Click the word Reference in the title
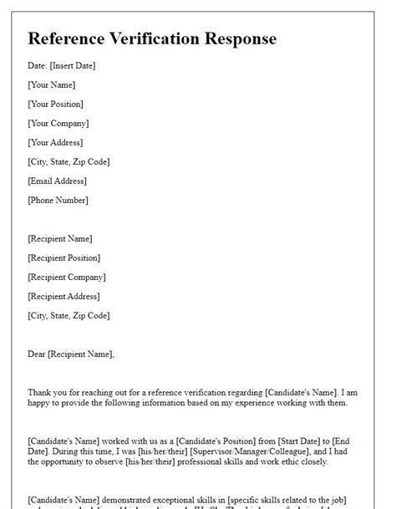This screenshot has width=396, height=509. [x=69, y=38]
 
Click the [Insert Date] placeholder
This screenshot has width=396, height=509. [x=73, y=65]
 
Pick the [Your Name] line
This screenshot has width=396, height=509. [x=51, y=84]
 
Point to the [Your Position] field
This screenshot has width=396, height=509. [x=55, y=104]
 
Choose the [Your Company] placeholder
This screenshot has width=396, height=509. [x=57, y=123]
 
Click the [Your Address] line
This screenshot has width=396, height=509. [x=55, y=142]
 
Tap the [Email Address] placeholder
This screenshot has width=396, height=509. [x=58, y=181]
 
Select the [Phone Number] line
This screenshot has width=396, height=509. [x=58, y=200]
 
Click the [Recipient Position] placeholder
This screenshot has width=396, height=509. [x=63, y=257]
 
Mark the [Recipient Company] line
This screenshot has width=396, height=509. [x=67, y=277]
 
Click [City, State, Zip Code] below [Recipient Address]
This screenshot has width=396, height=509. [x=69, y=315]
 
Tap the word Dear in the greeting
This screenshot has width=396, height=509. [x=37, y=354]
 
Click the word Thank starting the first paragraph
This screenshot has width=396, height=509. [x=39, y=392]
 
